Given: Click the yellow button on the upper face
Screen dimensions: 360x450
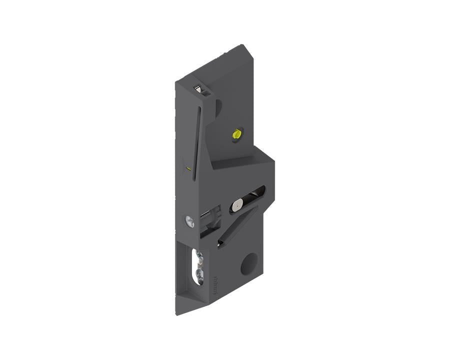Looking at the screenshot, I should [236, 133].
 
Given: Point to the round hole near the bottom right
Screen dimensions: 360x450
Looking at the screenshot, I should [249, 264].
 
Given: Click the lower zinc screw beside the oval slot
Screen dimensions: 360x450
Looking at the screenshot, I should [200, 273].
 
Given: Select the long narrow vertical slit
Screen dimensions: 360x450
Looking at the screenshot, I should [196, 140].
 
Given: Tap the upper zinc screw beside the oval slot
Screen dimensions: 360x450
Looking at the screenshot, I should [200, 256].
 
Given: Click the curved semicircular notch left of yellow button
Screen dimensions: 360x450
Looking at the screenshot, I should [218, 107].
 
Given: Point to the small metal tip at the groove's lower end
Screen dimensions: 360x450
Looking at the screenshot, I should [220, 243].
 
